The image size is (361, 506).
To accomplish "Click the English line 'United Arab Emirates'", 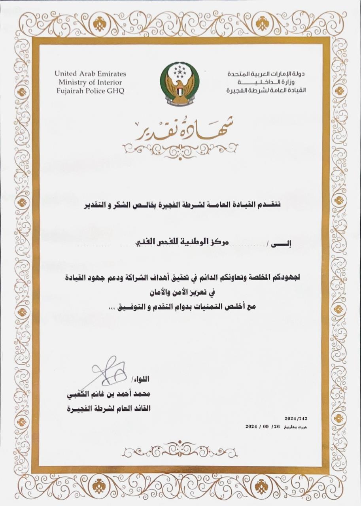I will click(90, 74).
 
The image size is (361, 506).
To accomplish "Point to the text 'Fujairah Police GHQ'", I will click(90, 91).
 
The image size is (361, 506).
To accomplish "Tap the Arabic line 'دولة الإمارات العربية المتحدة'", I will click(266, 74).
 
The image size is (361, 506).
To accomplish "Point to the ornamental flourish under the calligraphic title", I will click(180, 149).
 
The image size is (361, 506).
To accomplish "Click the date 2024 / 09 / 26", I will click(263, 427).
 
